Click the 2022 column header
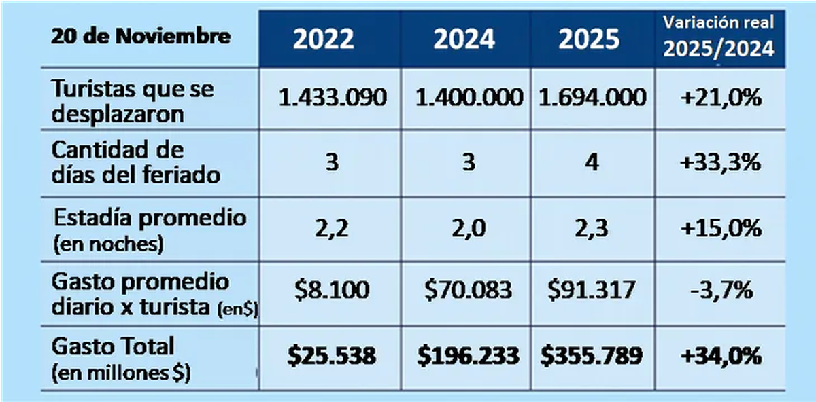click(324, 40)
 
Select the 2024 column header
click(464, 40)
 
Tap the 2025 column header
click(589, 40)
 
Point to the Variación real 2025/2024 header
click(719, 38)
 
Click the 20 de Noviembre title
click(140, 37)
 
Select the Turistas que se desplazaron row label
click(133, 100)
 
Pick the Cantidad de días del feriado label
click(137, 162)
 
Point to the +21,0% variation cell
click(720, 98)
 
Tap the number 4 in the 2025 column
click(591, 164)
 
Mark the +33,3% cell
click(720, 164)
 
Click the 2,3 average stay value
click(591, 228)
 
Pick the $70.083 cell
click(468, 291)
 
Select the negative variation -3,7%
click(720, 291)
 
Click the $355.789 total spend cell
click(591, 356)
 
